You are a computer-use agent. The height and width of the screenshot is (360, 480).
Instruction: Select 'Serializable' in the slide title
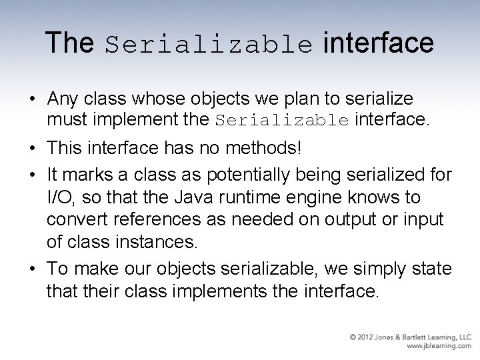tap(209, 45)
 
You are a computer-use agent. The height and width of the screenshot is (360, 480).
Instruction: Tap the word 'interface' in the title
tap(378, 43)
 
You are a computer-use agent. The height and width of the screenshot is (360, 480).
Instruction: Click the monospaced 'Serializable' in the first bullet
tap(283, 121)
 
